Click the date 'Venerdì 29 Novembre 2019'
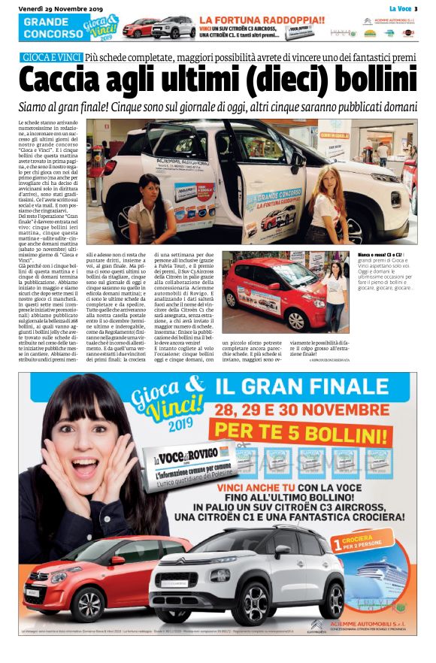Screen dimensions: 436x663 [52, 8]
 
